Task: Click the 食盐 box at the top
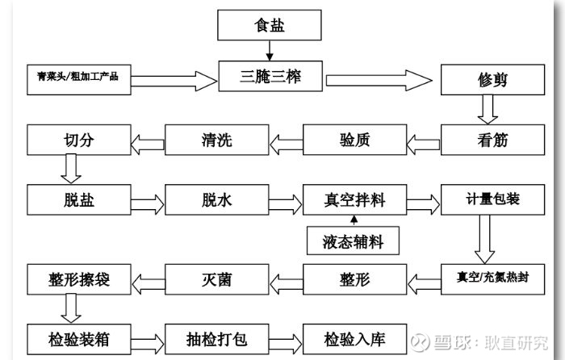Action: tap(270, 25)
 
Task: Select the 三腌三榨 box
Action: tap(270, 78)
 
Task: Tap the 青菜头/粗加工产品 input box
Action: tap(77, 77)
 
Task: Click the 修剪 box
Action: tap(487, 81)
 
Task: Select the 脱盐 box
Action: tap(79, 199)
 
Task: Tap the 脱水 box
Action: tap(217, 199)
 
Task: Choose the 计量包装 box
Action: tap(487, 199)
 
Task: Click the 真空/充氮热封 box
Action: tap(487, 279)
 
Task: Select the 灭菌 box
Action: tap(217, 279)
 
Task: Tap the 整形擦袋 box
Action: tap(79, 279)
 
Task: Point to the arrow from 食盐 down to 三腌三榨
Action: tap(270, 52)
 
